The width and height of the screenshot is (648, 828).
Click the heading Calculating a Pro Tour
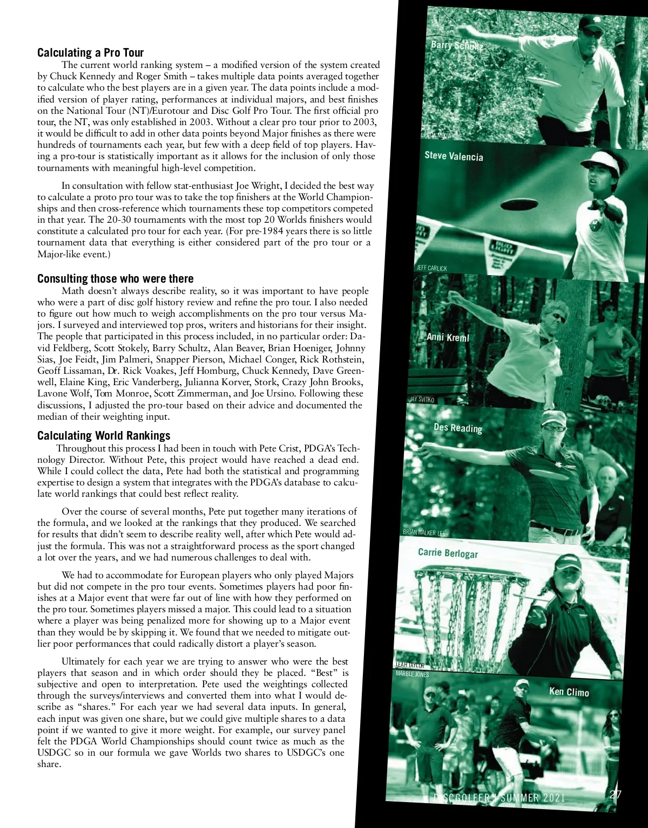click(90, 52)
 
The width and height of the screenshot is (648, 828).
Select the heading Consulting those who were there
click(115, 278)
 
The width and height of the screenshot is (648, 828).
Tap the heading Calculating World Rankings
click(104, 435)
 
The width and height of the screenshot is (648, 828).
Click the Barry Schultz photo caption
click(456, 45)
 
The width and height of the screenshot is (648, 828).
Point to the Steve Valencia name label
click(454, 156)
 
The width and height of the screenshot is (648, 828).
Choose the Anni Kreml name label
click(448, 337)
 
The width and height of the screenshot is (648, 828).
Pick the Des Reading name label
click(457, 428)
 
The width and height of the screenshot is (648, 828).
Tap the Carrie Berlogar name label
click(448, 553)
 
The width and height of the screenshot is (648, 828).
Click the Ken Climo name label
click(569, 692)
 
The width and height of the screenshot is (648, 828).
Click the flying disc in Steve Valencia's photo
click(519, 205)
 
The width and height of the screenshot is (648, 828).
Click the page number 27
click(615, 794)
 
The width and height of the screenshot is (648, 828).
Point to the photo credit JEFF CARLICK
click(431, 268)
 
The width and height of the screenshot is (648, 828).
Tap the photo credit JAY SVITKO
click(421, 400)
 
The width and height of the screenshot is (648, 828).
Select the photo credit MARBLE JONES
click(412, 674)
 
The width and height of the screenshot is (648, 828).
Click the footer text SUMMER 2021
click(532, 798)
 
